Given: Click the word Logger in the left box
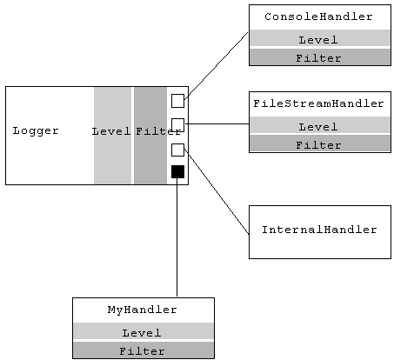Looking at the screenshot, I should [36, 130].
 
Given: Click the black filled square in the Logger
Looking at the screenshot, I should [177, 171].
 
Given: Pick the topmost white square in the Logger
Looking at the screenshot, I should [177, 100].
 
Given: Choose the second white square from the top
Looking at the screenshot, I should [177, 124].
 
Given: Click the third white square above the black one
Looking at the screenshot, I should [177, 150].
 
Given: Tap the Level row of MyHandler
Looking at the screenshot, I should [142, 332].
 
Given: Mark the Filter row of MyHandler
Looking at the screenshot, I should [142, 350].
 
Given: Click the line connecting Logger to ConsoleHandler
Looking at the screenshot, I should [217, 66].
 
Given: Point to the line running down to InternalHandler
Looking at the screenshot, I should [217, 191].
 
